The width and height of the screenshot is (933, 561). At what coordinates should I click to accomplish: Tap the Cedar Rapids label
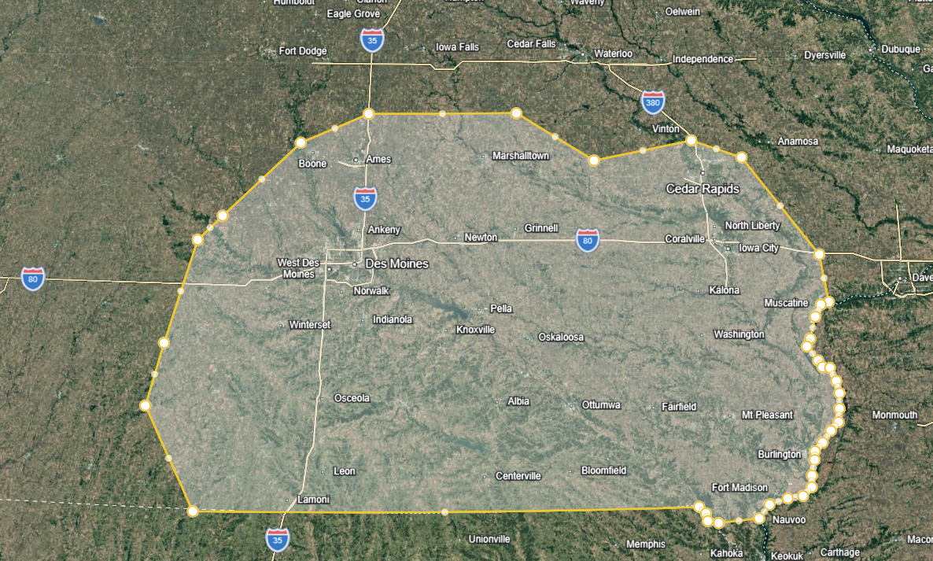pyautogui.click(x=703, y=189)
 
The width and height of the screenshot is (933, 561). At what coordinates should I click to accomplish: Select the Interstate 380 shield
pyautogui.click(x=652, y=102)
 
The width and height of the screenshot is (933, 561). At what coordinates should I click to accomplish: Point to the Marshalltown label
pyautogui.click(x=520, y=156)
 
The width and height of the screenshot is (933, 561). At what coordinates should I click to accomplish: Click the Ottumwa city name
pyautogui.click(x=601, y=405)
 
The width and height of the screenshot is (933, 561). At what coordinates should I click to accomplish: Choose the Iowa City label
pyautogui.click(x=758, y=248)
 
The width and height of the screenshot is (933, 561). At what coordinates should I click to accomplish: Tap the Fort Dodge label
pyautogui.click(x=303, y=51)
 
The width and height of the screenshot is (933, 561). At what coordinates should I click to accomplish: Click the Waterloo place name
pyautogui.click(x=613, y=54)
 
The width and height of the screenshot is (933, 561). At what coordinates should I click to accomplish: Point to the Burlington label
pyautogui.click(x=779, y=454)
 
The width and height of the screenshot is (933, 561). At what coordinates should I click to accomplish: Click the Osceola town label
pyautogui.click(x=352, y=398)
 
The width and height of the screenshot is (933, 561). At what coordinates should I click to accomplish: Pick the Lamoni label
pyautogui.click(x=313, y=500)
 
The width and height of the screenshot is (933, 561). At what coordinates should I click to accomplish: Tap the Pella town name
pyautogui.click(x=501, y=308)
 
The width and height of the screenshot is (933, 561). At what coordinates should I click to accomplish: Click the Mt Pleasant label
pyautogui.click(x=767, y=415)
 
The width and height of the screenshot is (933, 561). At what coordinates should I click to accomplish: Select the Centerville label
pyautogui.click(x=518, y=476)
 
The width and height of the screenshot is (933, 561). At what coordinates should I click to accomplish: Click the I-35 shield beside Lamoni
pyautogui.click(x=277, y=540)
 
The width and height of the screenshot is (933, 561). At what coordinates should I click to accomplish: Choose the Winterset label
pyautogui.click(x=310, y=324)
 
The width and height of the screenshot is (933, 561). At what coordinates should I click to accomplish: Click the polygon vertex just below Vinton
pyautogui.click(x=691, y=141)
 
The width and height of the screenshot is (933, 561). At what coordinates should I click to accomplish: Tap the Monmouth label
pyautogui.click(x=894, y=415)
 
